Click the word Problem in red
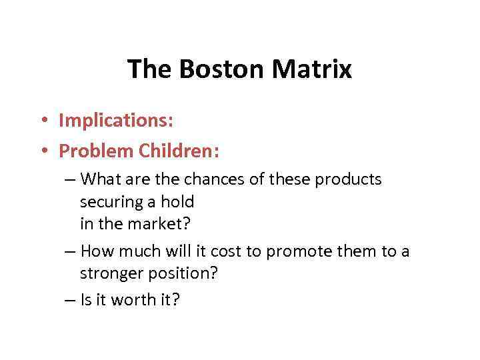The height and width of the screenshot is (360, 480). point(96,151)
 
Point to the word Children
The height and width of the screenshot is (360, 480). point(178,151)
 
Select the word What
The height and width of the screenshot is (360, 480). point(102,179)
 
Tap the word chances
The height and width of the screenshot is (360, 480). point(207,179)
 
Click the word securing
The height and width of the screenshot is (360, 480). point(107,202)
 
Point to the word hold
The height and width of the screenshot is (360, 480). point(179,201)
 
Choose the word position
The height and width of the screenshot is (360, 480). point(186,274)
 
